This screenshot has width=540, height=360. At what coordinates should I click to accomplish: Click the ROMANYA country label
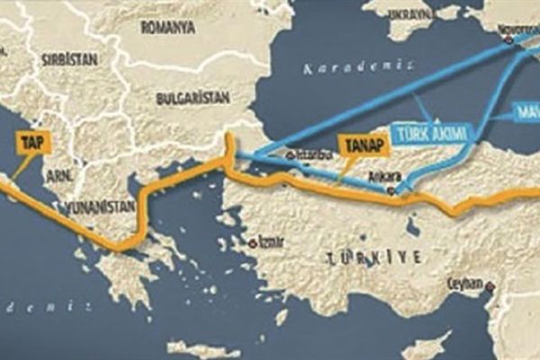(167, 28)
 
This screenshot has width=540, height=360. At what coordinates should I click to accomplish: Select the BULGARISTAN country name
(191, 97)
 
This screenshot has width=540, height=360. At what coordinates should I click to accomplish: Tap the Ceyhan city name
(467, 283)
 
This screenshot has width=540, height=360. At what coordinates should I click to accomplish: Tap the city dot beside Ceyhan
(489, 287)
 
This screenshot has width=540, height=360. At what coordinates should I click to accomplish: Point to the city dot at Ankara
(390, 189)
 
